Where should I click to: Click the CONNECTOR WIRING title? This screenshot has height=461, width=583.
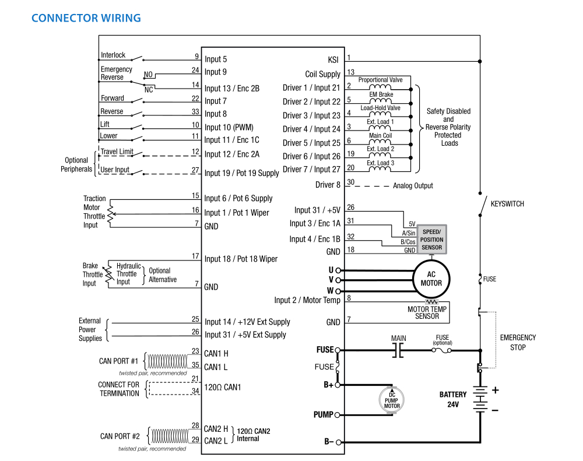click(x=86, y=18)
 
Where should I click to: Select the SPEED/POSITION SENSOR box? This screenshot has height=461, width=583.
click(x=432, y=240)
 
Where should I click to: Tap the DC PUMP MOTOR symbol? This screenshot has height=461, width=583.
click(x=391, y=400)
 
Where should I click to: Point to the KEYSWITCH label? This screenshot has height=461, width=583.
click(x=507, y=204)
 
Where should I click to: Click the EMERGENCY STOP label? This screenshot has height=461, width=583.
click(x=518, y=342)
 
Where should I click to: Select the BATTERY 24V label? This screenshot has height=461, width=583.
click(x=453, y=399)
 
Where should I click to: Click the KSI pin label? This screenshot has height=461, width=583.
click(x=333, y=59)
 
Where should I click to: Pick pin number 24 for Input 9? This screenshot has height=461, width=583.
click(x=195, y=70)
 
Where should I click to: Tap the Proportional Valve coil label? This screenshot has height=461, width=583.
click(x=381, y=80)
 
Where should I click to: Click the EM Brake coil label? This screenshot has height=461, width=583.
click(x=381, y=94)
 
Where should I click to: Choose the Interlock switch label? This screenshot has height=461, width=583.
click(x=113, y=55)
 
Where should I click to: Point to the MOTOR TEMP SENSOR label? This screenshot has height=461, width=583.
click(x=427, y=312)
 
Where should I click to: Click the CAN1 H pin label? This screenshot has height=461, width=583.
click(x=216, y=353)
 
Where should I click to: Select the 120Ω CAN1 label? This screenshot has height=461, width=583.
click(x=223, y=387)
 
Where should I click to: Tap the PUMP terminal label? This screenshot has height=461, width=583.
click(x=324, y=415)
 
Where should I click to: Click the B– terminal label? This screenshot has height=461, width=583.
click(x=329, y=442)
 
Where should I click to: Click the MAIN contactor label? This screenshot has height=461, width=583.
click(x=399, y=338)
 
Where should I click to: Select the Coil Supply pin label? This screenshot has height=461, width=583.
click(x=322, y=74)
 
